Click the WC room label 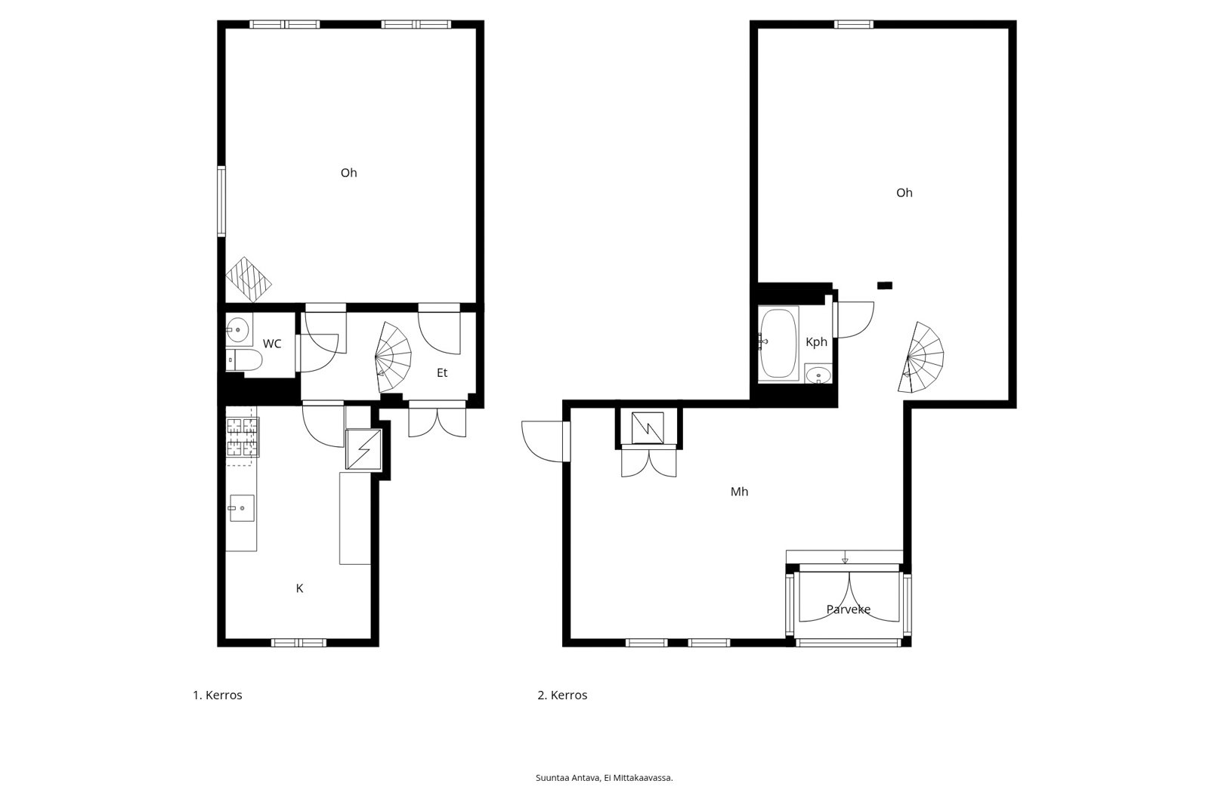click(272, 344)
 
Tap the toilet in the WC click(244, 360)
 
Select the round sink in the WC click(237, 329)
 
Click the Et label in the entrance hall click(442, 373)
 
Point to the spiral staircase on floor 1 click(394, 356)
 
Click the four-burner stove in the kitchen click(243, 437)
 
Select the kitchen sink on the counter click(243, 507)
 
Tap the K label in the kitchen click(299, 588)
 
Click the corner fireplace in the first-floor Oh click(249, 279)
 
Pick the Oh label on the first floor click(348, 173)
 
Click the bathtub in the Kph click(778, 344)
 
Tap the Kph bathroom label click(816, 342)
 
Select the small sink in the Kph click(818, 374)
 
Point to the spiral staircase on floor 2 click(921, 357)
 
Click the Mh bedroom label click(740, 492)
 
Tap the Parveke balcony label click(849, 609)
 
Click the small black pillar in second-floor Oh click(885, 285)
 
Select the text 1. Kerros click(218, 695)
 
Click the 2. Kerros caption click(562, 695)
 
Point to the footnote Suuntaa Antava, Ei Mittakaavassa click(604, 778)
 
